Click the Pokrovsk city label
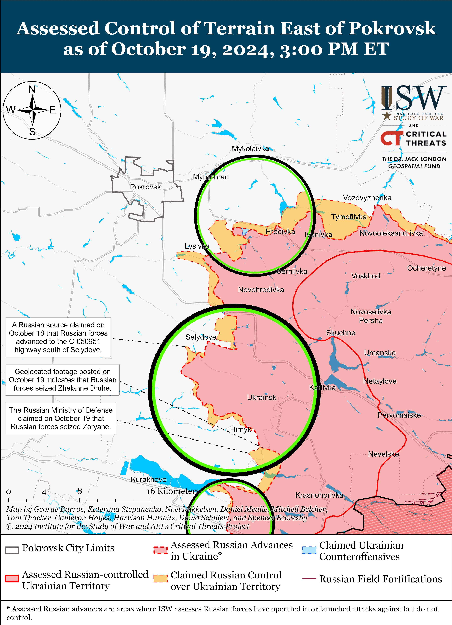point(145,187)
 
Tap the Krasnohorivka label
point(319,495)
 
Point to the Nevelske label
point(383,454)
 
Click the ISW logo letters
point(414,98)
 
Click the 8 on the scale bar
point(79,491)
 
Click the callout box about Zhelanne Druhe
point(63,380)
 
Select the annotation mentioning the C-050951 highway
point(58,337)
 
